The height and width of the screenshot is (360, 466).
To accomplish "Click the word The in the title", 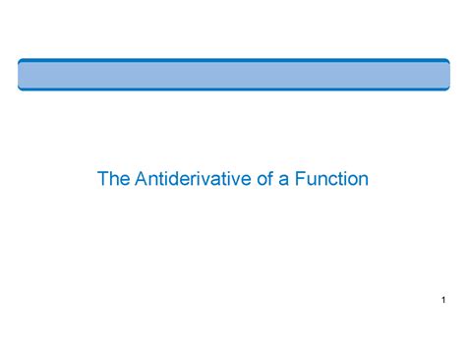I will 111,180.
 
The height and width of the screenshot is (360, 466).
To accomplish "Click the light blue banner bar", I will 233,75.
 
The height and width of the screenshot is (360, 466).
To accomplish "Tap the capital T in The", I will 102,180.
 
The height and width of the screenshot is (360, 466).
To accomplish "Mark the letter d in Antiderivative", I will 170,180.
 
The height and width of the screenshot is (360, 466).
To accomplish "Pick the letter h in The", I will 112,180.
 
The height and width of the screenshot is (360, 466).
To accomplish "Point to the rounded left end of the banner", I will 21,75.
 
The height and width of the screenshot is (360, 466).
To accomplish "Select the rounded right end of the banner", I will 446,75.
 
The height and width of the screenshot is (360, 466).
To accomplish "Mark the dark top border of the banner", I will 233,60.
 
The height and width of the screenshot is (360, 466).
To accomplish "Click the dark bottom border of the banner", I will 233,90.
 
